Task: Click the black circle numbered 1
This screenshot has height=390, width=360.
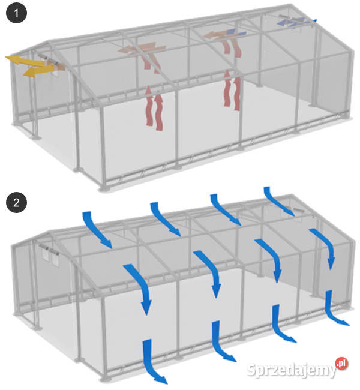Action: click(16, 13)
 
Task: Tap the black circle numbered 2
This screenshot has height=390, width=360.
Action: click(16, 202)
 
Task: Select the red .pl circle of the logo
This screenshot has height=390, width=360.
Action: click(341, 364)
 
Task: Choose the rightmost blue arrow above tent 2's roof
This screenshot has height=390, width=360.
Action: click(278, 201)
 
